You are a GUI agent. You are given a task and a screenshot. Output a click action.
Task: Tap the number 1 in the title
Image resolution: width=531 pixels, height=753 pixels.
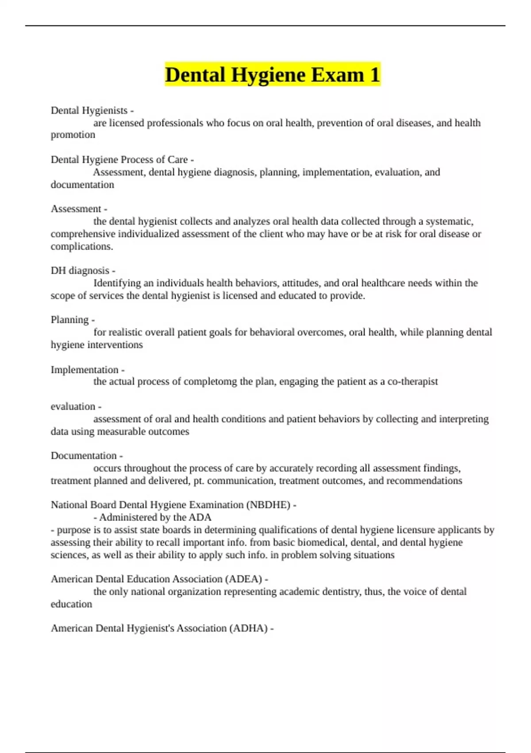click(375, 74)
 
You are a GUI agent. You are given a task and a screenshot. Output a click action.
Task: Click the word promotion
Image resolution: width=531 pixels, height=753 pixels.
click(73, 135)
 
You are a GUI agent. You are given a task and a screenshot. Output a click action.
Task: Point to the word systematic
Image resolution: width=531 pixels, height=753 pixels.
click(449, 221)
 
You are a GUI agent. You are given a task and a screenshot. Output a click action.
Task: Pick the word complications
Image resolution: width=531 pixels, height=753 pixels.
click(82, 246)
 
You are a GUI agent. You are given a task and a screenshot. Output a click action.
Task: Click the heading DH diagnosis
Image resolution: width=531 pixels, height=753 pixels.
click(80, 270)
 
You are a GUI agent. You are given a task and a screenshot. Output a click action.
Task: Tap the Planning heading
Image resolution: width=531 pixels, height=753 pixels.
click(69, 319)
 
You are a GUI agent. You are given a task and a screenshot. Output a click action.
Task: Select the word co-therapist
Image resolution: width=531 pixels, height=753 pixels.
click(412, 381)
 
